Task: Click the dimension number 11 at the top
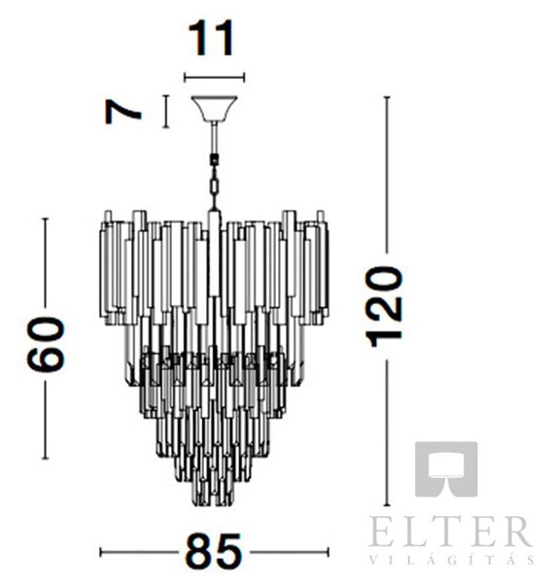click(212, 38)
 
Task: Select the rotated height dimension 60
click(46, 344)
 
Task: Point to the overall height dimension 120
click(384, 306)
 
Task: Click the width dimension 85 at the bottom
click(214, 552)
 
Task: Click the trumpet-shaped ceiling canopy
click(214, 109)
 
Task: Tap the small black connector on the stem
click(214, 160)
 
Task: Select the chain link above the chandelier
click(214, 186)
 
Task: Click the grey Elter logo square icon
click(446, 469)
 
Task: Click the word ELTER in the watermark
click(450, 532)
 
